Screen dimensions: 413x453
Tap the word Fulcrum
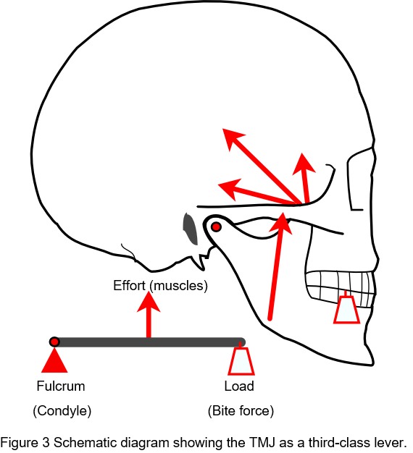pyautogui.click(x=61, y=386)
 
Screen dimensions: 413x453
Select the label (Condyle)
pyautogui.click(x=62, y=410)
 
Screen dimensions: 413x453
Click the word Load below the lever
pyautogui.click(x=239, y=386)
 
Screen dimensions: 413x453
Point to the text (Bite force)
pyautogui.click(x=241, y=410)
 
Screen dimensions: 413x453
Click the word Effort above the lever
pyautogui.click(x=129, y=285)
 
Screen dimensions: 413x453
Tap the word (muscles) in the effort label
pyautogui.click(x=179, y=286)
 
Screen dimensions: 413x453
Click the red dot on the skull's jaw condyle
pyautogui.click(x=216, y=227)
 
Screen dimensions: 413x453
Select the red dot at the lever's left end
pyautogui.click(x=54, y=342)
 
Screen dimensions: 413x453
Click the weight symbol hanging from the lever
pyautogui.click(x=241, y=360)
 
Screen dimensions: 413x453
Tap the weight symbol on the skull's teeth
pyautogui.click(x=346, y=309)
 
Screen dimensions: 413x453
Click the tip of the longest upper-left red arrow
pyautogui.click(x=223, y=129)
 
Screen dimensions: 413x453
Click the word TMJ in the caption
pyautogui.click(x=262, y=443)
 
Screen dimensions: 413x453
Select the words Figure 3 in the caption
pyautogui.click(x=25, y=443)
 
